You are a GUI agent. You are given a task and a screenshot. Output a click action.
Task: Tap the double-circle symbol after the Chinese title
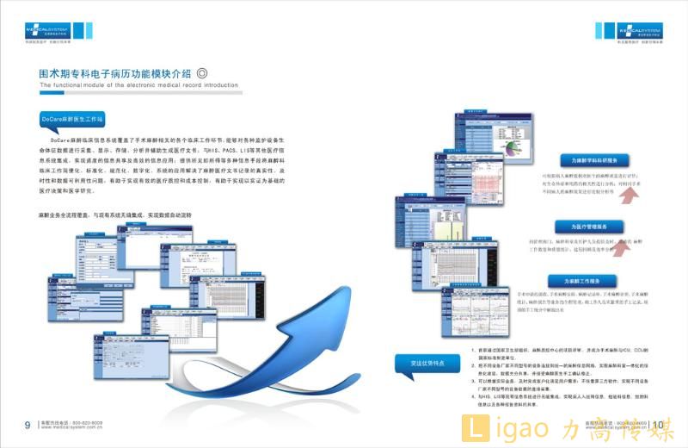(202, 74)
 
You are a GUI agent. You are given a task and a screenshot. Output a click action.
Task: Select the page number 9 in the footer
(28, 424)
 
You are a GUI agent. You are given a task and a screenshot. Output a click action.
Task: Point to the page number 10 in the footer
(657, 424)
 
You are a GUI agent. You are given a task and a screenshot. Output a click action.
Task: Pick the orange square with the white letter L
(473, 428)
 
